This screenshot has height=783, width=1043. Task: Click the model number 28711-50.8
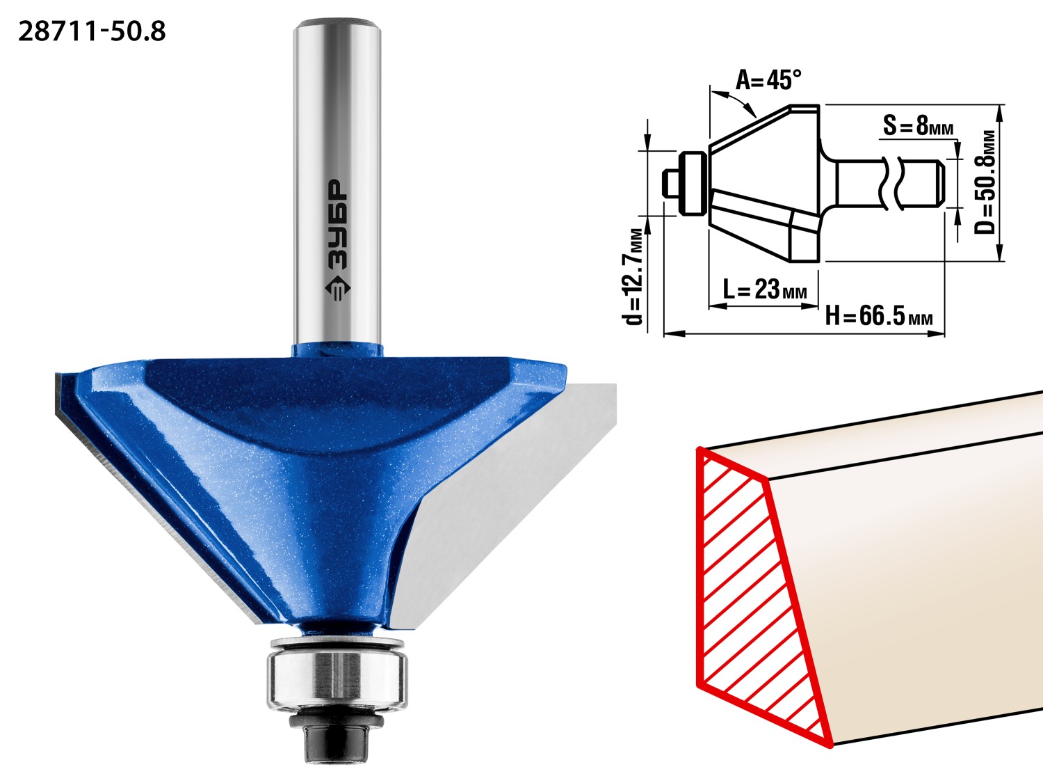(92, 32)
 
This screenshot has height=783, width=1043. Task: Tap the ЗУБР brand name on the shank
(338, 224)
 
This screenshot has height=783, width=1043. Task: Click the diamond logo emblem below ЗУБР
(338, 287)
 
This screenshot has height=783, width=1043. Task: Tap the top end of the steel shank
(337, 22)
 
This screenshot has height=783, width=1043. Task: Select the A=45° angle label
(768, 79)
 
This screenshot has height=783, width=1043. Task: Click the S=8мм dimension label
(918, 125)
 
